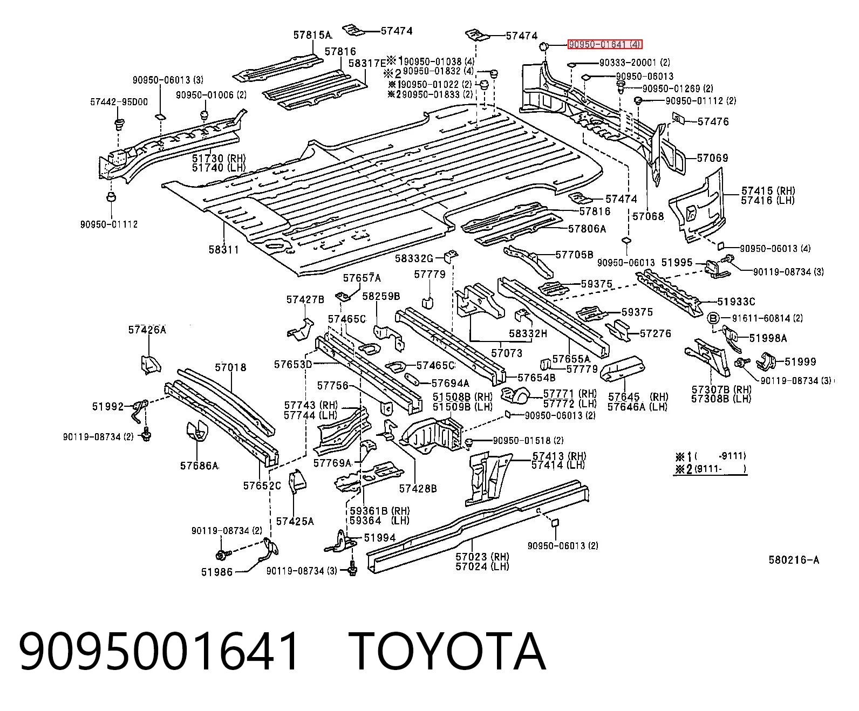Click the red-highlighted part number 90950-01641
coord(604,44)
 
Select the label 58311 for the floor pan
coord(223,249)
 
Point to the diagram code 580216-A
coord(794,560)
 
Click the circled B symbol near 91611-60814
coord(713,318)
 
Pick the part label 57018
coord(230,367)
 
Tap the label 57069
coord(713,158)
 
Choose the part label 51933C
coord(736,302)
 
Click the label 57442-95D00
coord(119,101)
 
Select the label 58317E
coord(367,63)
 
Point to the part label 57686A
coord(199,466)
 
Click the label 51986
coord(217,572)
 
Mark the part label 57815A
coord(312,35)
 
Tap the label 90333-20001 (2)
coord(635,63)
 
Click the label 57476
coord(713,121)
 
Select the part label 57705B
coord(574,255)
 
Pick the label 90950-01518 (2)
coord(528,441)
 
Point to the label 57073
coord(507,353)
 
